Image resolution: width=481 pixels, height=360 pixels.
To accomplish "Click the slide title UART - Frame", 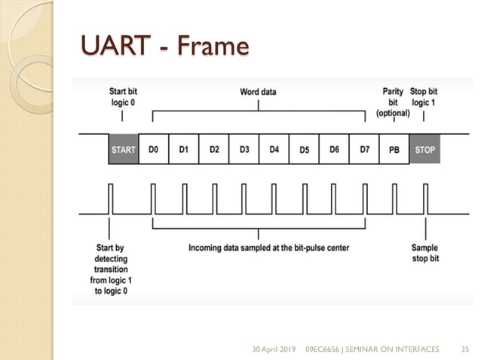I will tap(164, 47).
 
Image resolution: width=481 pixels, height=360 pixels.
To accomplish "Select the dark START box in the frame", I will tap(124, 150).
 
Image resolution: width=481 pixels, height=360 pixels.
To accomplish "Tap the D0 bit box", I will tap(154, 150).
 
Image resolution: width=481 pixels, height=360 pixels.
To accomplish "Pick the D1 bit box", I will tap(184, 150).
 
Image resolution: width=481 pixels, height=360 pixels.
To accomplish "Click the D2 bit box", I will tap(214, 150).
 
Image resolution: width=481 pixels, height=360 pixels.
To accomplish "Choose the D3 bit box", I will tap(244, 150).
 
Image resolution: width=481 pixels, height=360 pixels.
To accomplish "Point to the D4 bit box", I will tap(274, 150).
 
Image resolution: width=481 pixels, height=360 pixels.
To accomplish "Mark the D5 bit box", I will tap(304, 150).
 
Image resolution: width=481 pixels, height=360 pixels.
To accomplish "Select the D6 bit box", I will tap(334, 150).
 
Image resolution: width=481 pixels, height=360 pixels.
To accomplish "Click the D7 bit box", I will tap(364, 150).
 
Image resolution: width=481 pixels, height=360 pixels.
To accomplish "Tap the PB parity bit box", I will tap(394, 150).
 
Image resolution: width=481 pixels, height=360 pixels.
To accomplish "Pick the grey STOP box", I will tap(424, 150).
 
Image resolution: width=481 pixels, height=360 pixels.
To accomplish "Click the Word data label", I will tap(258, 93).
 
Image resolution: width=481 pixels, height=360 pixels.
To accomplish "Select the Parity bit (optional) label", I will tap(393, 102).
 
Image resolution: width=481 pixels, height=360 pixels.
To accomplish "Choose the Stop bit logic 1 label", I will tap(424, 97).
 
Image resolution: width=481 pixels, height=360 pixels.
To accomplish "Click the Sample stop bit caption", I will tap(425, 252).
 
